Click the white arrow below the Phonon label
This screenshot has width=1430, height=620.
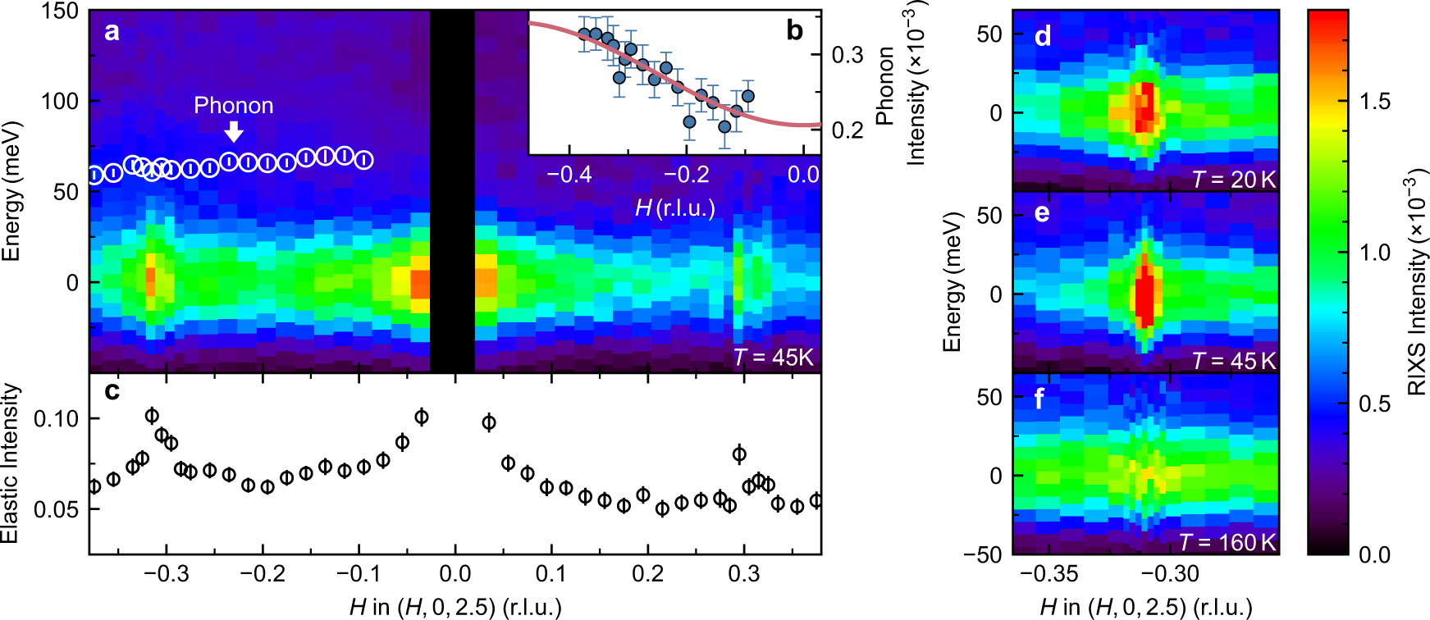click(x=234, y=131)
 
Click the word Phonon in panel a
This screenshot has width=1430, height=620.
click(x=233, y=106)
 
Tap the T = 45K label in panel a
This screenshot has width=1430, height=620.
click(x=773, y=358)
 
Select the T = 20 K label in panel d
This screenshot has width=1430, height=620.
click(x=1233, y=180)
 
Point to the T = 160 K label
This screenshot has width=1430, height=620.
click(x=1227, y=542)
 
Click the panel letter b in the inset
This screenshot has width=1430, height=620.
click(x=794, y=31)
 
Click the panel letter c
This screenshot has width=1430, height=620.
click(x=112, y=391)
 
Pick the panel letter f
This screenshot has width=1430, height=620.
click(x=1039, y=399)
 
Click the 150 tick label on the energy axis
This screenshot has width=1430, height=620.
click(x=59, y=11)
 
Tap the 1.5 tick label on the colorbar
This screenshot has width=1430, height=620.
click(x=1374, y=102)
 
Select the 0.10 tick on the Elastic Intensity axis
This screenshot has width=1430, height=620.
click(x=56, y=418)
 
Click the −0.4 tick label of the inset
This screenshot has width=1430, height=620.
click(x=569, y=174)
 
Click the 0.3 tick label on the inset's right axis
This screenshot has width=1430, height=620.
click(x=847, y=55)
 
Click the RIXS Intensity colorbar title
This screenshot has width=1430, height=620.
click(x=1416, y=283)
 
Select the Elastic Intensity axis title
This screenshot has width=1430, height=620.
click(x=10, y=463)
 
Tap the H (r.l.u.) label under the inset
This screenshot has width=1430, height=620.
click(x=674, y=208)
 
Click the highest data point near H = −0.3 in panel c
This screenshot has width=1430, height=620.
click(x=152, y=416)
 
